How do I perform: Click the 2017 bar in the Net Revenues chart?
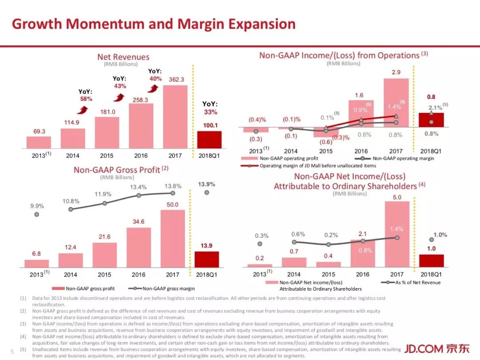coord(175,116)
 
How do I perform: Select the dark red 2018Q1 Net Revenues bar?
coord(209,140)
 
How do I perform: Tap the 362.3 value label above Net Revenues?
coord(176,80)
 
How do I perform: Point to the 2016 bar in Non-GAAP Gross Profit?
coord(138,247)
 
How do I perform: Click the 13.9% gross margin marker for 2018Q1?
coord(207,192)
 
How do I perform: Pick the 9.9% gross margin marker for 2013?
coord(37,214)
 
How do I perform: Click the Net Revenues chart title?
coord(123,57)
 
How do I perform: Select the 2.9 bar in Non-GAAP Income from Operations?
coord(396,103)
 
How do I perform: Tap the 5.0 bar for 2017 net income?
coord(396,234)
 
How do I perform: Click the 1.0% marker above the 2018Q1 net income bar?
coord(431,239)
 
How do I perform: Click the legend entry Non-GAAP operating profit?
coord(283,158)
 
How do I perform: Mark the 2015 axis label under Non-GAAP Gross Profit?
coord(105,275)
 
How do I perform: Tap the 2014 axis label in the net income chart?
coord(294,274)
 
